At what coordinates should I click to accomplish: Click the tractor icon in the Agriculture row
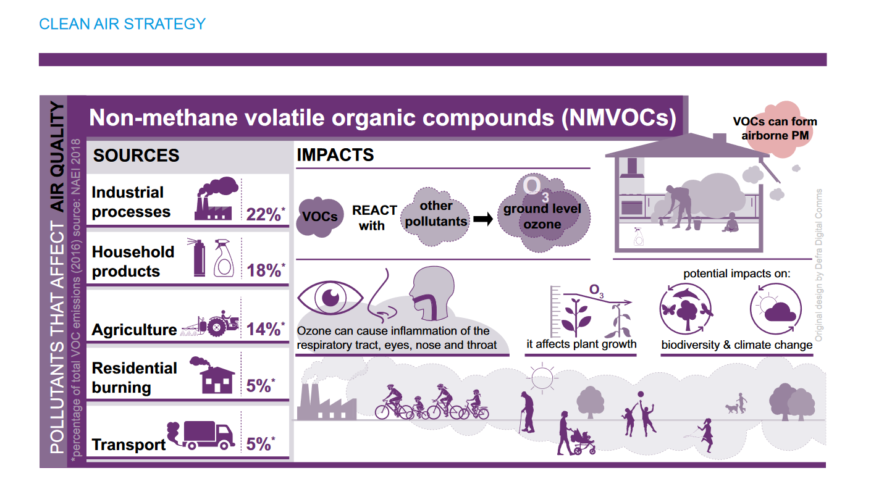coord(210,324)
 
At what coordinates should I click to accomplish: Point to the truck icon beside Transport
coord(201,435)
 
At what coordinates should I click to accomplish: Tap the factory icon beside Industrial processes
coord(216,199)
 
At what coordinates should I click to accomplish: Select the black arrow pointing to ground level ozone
coord(483,219)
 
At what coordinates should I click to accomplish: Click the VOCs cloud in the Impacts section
coord(320,217)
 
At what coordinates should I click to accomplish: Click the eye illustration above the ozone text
coord(330,298)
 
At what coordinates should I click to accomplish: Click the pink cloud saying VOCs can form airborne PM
coord(775,128)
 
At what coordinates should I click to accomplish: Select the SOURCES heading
coord(136,156)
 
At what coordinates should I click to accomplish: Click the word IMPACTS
coord(335,155)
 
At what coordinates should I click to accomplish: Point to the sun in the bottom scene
coord(542,377)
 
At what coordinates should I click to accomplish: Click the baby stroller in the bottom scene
coord(583,442)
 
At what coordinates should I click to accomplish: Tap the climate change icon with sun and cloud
coord(776,309)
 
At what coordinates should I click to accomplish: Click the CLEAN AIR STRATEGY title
coord(122,24)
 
